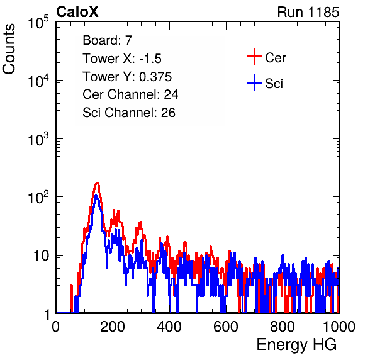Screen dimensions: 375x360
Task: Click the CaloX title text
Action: [77, 12]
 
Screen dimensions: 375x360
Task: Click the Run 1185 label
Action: [308, 12]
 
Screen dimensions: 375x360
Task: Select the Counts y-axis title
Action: [9, 49]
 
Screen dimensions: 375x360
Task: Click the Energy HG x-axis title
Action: [296, 345]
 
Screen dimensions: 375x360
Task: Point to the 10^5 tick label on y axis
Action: [38, 22]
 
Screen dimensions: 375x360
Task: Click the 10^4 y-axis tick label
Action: [38, 81]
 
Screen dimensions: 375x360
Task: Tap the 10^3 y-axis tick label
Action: [38, 139]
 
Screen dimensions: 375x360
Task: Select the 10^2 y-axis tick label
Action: [38, 198]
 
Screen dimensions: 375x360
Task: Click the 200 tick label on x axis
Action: [113, 327]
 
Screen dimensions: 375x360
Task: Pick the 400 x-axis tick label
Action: [169, 327]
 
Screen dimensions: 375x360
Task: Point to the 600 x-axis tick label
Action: [226, 327]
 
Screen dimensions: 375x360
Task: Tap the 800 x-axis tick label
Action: [283, 327]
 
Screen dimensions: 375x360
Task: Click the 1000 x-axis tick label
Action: [339, 327]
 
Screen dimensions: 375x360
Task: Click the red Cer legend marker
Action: [254, 57]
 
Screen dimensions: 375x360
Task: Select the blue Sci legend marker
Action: [254, 83]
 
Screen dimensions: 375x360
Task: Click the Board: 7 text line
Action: [108, 40]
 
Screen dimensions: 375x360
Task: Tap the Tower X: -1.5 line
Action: [122, 59]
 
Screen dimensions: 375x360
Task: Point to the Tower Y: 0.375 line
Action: [127, 77]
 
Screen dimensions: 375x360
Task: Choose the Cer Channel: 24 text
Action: [130, 94]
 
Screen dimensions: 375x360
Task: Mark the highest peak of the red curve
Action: [97, 184]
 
